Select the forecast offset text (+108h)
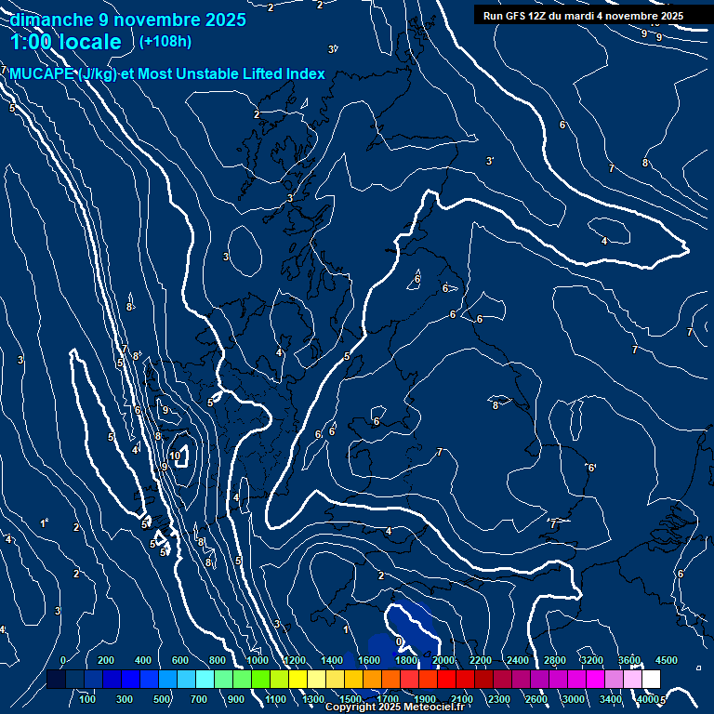[x=165, y=41]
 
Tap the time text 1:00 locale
[x=65, y=42]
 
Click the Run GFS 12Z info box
[x=583, y=15]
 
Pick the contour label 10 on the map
[x=175, y=456]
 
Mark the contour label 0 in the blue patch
[x=399, y=641]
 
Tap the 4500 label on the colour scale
[x=667, y=659]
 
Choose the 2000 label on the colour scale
[x=443, y=659]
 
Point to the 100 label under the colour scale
[x=88, y=698]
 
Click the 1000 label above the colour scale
[x=257, y=659]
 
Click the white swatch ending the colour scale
[x=652, y=680]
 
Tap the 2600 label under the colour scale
[x=536, y=698]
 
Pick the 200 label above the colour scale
[x=106, y=659]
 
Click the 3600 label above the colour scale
[x=629, y=659]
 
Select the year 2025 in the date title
[x=223, y=20]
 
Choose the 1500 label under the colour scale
[x=350, y=698]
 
